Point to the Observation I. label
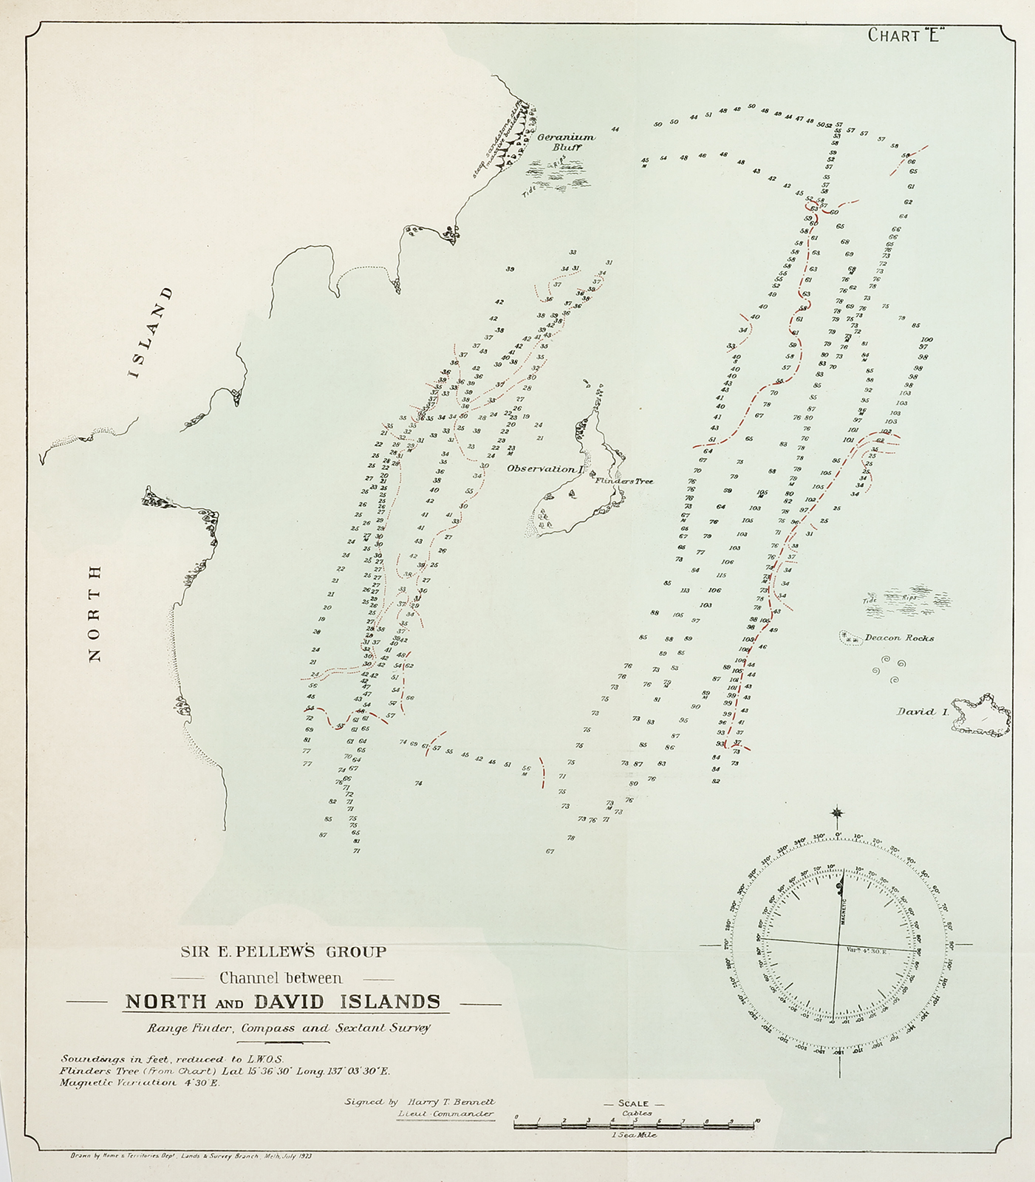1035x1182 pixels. click(545, 468)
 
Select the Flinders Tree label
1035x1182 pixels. click(624, 481)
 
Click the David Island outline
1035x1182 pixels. click(981, 714)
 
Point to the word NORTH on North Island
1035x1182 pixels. click(95, 613)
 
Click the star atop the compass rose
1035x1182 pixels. click(837, 813)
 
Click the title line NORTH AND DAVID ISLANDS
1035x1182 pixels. click(283, 1002)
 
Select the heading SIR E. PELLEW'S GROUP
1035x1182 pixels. click(283, 952)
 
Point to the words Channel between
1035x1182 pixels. click(281, 978)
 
